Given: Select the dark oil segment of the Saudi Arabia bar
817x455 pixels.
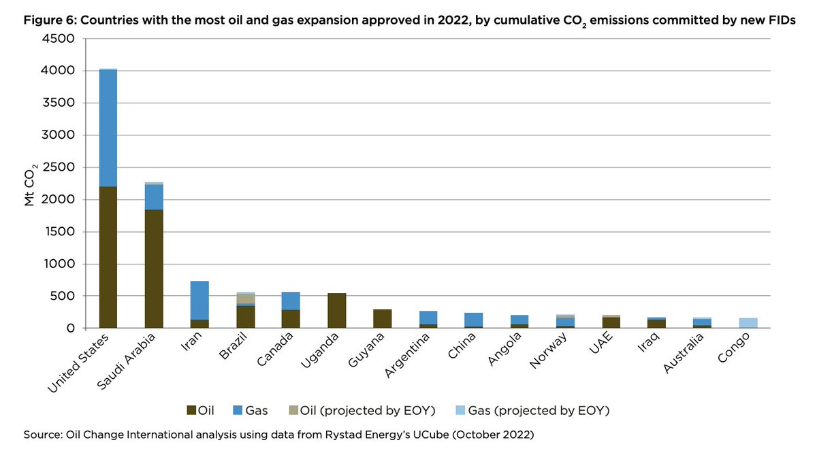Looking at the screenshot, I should (x=154, y=269).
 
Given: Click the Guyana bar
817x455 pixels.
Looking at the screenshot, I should (x=383, y=319).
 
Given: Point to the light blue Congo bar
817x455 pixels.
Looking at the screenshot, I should (x=748, y=323).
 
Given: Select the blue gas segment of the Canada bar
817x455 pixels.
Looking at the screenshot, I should (x=291, y=301).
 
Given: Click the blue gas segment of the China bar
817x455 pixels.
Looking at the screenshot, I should (x=474, y=320).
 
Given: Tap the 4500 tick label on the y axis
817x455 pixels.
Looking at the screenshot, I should (x=60, y=39).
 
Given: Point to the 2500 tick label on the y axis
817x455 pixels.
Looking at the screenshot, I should (x=60, y=167).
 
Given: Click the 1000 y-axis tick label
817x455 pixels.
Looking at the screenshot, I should (x=60, y=264).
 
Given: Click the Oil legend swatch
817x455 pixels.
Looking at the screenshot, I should (x=191, y=411).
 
